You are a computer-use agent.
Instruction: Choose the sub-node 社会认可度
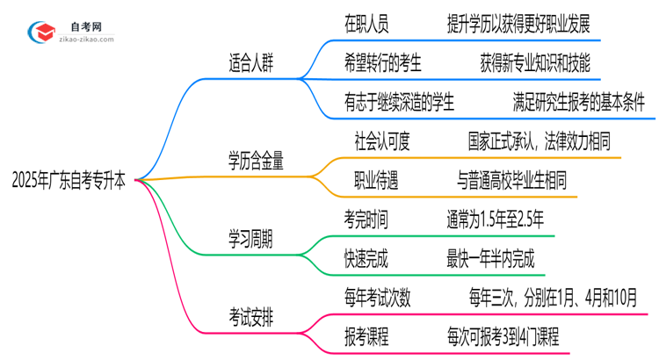[x=382, y=140]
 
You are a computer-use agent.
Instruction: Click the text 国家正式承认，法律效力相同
[x=540, y=140]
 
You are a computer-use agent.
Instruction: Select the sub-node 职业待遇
[x=375, y=180]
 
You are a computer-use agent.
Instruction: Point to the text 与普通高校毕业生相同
[x=512, y=180]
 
